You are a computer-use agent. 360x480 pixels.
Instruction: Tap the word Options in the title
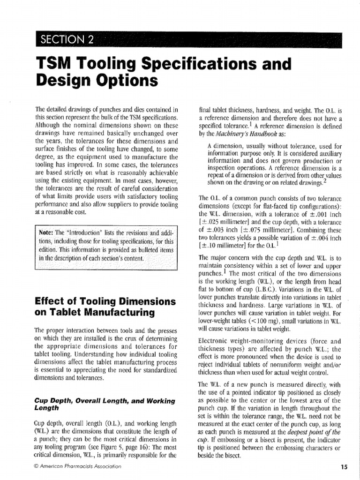tap(123, 81)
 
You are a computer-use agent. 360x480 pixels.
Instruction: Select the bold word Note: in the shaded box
tap(46, 232)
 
